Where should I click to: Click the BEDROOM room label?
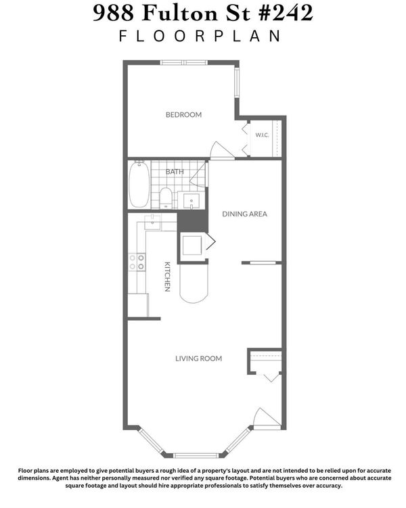click(183, 115)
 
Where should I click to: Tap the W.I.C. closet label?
click(262, 135)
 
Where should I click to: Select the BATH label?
click(175, 172)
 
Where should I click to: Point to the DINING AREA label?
click(245, 214)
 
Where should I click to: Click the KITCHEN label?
click(167, 277)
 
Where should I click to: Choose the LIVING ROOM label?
click(199, 359)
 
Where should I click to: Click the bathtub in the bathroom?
click(139, 184)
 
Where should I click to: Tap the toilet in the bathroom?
click(166, 198)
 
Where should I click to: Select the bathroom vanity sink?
click(191, 201)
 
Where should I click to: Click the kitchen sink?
click(152, 223)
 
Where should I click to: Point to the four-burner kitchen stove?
click(137, 262)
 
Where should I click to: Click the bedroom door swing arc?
click(222, 150)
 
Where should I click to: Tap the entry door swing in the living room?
click(267, 419)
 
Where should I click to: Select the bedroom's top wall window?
click(184, 62)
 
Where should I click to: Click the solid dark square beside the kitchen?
click(192, 221)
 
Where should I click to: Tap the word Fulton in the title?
click(179, 14)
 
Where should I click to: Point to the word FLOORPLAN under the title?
click(200, 36)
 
